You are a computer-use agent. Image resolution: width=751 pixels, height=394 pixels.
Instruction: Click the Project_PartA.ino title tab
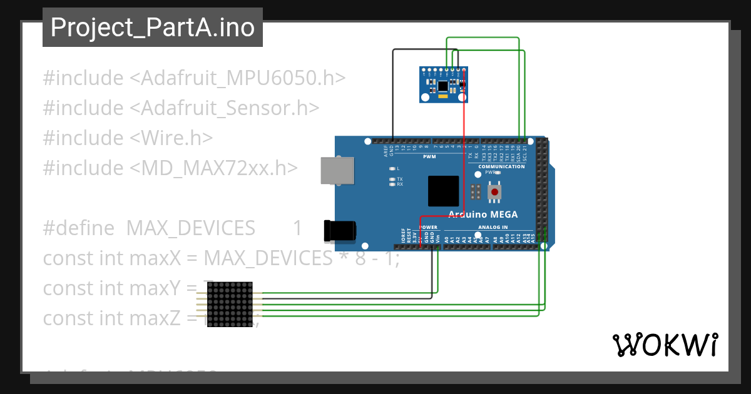coord(153,28)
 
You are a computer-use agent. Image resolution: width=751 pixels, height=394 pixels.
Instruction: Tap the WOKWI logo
coord(664,345)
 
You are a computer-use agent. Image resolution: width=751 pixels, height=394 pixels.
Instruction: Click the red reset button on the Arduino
coord(495,191)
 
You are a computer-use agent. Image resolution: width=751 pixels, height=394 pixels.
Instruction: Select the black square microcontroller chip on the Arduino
coord(444,191)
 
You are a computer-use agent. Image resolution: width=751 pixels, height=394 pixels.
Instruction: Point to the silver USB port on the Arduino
coord(337,170)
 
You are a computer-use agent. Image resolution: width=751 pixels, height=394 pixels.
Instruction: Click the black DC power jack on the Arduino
coord(339,231)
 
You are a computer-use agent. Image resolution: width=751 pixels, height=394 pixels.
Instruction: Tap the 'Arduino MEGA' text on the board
coord(483,215)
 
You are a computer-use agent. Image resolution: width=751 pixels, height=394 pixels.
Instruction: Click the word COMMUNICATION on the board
coord(501,167)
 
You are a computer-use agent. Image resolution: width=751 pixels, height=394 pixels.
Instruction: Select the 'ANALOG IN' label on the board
coord(493,227)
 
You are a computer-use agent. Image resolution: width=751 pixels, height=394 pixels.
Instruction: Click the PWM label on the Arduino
coord(429,156)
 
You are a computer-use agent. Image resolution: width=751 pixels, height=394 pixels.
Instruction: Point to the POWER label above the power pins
coord(428,227)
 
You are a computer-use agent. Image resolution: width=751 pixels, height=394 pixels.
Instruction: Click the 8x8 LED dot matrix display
coord(230,305)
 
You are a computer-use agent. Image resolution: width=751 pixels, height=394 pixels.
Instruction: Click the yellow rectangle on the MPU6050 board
coord(443,96)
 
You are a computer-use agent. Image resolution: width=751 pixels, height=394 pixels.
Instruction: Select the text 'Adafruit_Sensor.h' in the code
coord(225,108)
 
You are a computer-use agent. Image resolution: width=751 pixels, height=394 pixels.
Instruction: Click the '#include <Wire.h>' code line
coord(128,138)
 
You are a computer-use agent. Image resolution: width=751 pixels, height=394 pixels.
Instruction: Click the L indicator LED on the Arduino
coord(392,169)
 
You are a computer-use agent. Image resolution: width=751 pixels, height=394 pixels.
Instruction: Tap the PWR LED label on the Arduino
coord(489,173)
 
